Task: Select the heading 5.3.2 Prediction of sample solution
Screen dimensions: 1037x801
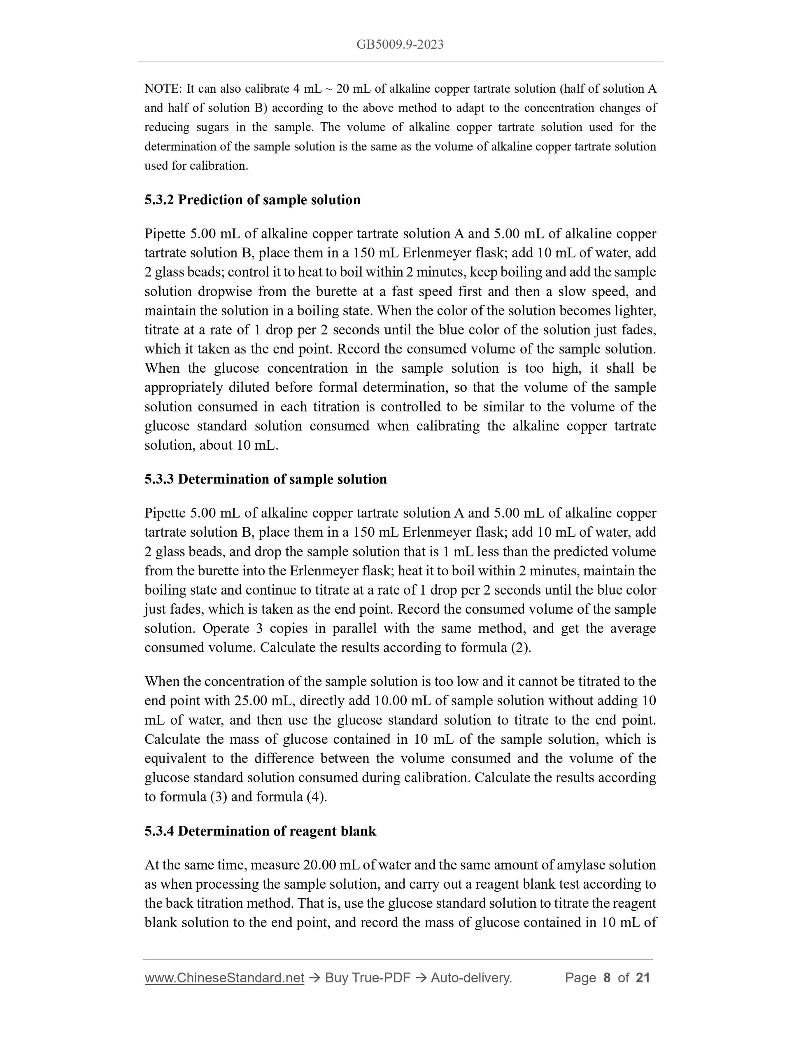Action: [x=252, y=200]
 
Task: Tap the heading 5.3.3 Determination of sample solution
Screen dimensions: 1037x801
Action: [x=266, y=479]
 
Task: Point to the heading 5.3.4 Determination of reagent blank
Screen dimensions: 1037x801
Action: [x=260, y=831]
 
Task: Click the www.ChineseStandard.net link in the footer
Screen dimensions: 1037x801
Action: [x=224, y=978]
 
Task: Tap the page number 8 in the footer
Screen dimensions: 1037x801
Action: [x=606, y=978]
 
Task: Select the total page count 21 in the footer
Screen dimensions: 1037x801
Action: [x=643, y=978]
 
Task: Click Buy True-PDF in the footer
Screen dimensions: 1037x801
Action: [x=367, y=978]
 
